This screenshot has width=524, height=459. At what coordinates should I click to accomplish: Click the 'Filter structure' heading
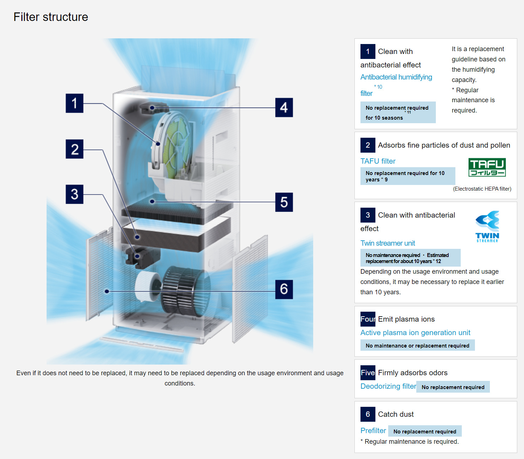coord(51,17)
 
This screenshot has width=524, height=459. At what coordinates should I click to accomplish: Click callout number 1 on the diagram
coord(74,103)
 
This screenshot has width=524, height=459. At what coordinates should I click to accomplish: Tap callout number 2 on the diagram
coord(74,149)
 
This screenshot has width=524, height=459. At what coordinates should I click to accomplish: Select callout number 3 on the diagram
coord(74,194)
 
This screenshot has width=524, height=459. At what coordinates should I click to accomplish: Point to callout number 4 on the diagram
coord(284,108)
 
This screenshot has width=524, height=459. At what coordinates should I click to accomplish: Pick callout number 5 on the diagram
coord(284,202)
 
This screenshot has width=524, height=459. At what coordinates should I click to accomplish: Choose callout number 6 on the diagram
coord(284,289)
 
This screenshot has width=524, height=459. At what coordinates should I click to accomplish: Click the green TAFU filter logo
coord(487,168)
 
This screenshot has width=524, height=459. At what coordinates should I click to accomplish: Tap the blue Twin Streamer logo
coord(487,227)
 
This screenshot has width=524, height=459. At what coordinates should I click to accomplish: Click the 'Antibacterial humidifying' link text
coord(396,77)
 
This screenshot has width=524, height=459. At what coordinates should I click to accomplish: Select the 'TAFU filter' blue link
coord(378,161)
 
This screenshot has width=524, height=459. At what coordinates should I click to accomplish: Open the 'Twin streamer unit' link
coord(387,243)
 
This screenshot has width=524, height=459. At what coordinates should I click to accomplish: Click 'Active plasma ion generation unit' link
coord(415,333)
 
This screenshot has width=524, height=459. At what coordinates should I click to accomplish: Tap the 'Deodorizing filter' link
coord(388,386)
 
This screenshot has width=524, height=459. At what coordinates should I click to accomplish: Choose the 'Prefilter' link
coord(373,431)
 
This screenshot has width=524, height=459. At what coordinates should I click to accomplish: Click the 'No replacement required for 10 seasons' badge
coord(398,113)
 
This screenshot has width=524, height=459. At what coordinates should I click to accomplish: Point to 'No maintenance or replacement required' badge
coord(417,345)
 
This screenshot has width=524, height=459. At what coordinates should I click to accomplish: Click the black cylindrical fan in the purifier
coord(185,291)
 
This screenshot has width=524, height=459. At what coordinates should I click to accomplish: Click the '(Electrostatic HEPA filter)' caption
coord(482,189)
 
